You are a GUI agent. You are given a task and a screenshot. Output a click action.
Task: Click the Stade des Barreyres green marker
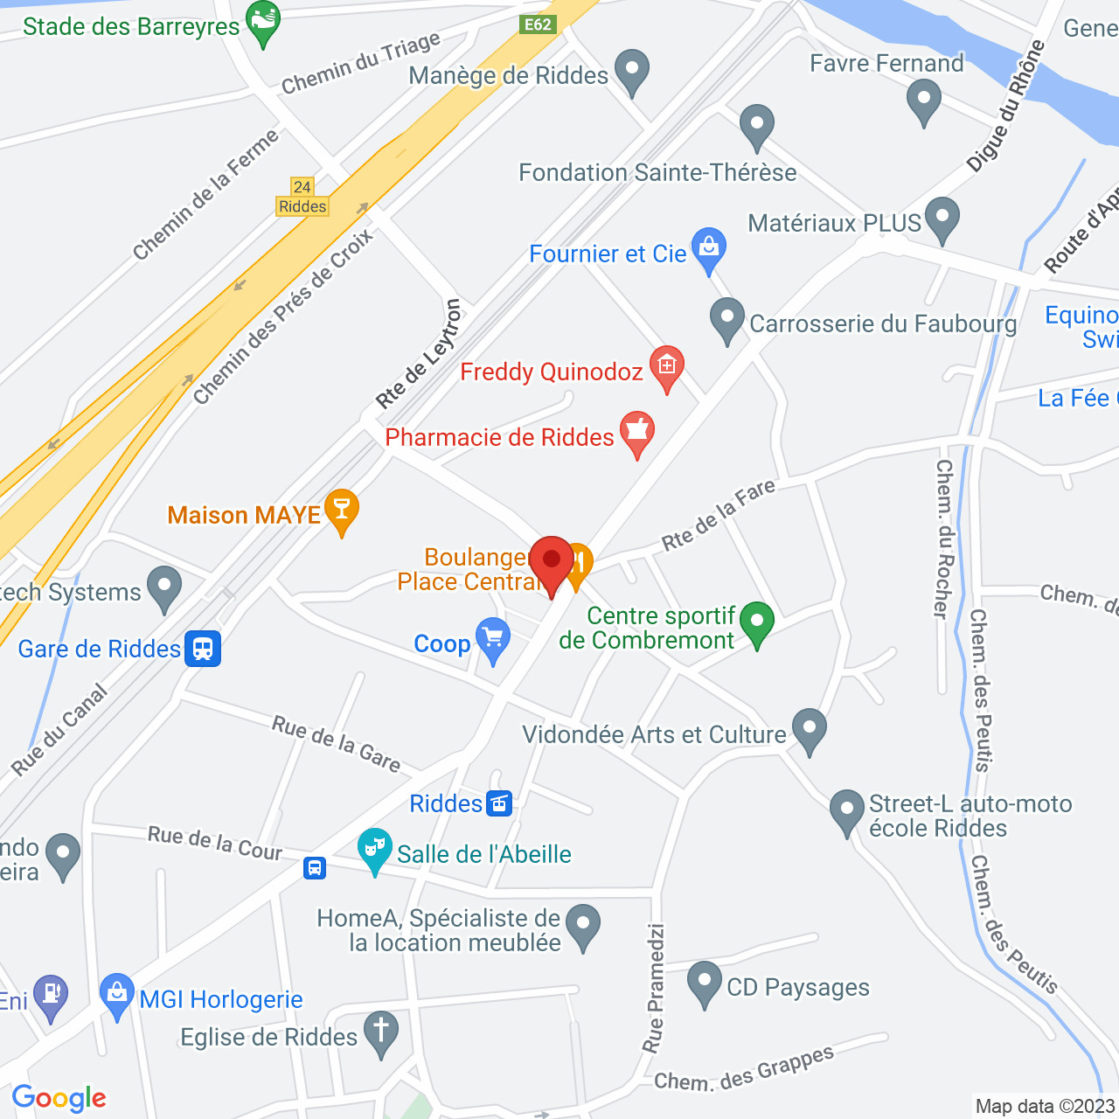pyautogui.click(x=263, y=24)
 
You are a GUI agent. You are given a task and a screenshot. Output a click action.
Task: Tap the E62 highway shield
pyautogui.click(x=538, y=24)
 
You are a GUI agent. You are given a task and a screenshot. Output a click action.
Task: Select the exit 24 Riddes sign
pyautogui.click(x=302, y=198)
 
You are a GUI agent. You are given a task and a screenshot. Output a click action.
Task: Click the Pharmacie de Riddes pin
pyautogui.click(x=637, y=433)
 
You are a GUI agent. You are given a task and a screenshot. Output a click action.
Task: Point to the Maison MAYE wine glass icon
pyautogui.click(x=341, y=511)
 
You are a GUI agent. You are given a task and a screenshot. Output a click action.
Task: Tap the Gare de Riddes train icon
pyautogui.click(x=203, y=649)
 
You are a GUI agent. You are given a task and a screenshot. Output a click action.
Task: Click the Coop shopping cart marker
pyautogui.click(x=493, y=639)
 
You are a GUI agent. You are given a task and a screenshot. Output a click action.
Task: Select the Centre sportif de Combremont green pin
pyautogui.click(x=757, y=623)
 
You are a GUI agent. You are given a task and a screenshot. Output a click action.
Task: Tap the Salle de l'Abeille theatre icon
pyautogui.click(x=375, y=850)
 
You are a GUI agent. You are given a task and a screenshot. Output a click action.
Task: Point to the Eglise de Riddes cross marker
pyautogui.click(x=381, y=1032)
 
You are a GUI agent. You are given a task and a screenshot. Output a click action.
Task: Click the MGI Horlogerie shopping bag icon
pyautogui.click(x=117, y=995)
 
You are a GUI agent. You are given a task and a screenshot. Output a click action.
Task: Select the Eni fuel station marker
pyautogui.click(x=51, y=996)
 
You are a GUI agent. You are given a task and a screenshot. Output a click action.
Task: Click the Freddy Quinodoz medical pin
pyautogui.click(x=666, y=367)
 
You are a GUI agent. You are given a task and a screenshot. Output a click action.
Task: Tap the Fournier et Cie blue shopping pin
pyautogui.click(x=709, y=249)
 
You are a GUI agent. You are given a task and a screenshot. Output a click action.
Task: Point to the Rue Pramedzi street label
pyautogui.click(x=654, y=988)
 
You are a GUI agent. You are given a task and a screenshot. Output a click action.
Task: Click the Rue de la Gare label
pyautogui.click(x=337, y=744)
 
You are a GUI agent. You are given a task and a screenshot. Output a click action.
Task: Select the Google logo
pyautogui.click(x=59, y=1098)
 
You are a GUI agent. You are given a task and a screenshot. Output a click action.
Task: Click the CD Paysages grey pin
pyautogui.click(x=705, y=983)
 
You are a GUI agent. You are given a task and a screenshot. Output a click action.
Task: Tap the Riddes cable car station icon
pyautogui.click(x=500, y=803)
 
